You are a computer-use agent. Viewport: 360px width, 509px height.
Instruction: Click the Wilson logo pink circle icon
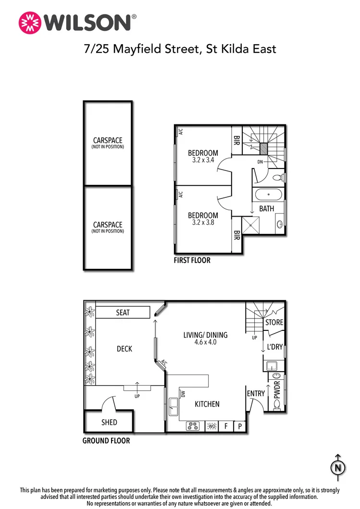29,22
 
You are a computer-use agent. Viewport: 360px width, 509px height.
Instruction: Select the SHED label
109,423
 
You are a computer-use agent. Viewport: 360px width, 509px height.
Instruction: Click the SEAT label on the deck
123,313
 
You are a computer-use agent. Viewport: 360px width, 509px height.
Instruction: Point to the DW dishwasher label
183,394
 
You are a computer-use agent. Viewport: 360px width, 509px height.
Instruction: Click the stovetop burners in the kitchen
193,426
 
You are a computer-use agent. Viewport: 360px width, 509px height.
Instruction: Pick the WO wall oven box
212,426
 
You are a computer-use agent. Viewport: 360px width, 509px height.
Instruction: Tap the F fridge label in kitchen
226,426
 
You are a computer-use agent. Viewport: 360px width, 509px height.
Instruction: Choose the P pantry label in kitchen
239,426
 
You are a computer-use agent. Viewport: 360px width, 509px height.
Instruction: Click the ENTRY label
256,394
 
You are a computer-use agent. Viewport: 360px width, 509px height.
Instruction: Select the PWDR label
277,390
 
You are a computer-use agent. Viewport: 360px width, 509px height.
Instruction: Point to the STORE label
274,323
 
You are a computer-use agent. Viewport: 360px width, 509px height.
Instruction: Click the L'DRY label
274,347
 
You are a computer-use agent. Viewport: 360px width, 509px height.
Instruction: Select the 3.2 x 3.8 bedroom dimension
202,223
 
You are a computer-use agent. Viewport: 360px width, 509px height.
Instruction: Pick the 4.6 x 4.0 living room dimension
205,342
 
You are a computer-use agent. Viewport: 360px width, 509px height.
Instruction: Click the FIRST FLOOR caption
192,261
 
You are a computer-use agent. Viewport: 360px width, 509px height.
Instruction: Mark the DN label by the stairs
260,162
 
